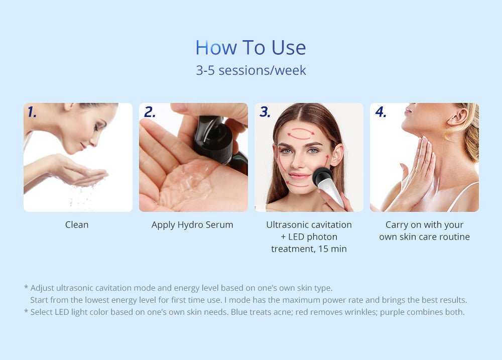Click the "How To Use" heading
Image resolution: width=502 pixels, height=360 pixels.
[250, 48]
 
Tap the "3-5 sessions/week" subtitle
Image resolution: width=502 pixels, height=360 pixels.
[250, 70]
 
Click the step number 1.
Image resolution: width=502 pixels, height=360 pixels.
[32, 112]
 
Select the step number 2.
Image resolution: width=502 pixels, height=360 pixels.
[150, 112]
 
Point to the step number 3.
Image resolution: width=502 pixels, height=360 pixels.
[265, 112]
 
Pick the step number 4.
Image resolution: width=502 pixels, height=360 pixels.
[381, 112]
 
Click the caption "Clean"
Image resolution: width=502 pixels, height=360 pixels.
[77, 225]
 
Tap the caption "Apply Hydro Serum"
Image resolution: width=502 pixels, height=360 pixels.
[192, 225]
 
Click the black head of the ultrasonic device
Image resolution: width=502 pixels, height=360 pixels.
[321, 177]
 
